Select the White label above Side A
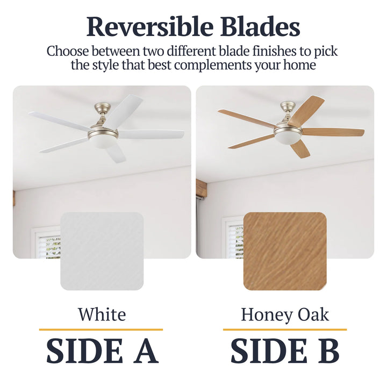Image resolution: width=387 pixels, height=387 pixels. pos(102,314)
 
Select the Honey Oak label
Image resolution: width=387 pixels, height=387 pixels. pos(285,314)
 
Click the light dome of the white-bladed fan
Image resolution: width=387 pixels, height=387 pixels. pos(103,141)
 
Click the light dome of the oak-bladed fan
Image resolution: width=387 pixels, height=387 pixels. pos(287,137)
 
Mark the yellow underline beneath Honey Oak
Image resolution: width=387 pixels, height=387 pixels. pos(285,329)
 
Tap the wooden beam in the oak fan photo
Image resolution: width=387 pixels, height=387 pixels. pos(202,188)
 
